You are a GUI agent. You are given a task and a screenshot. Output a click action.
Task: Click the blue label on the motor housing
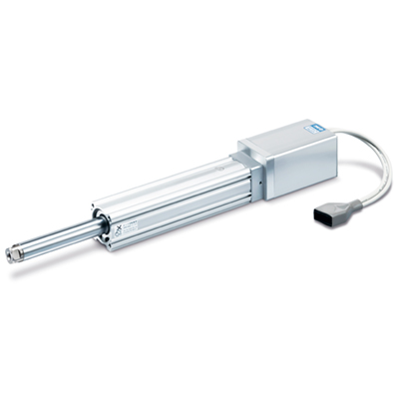tap(302, 126)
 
